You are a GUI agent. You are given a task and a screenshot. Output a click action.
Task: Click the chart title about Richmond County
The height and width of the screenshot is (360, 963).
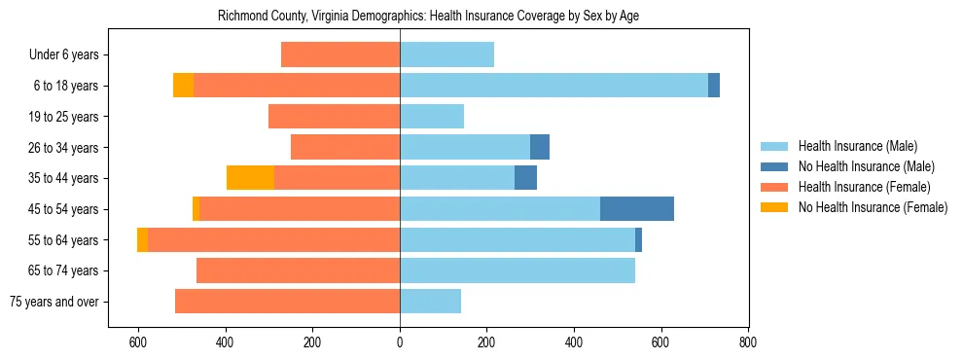[x=428, y=17]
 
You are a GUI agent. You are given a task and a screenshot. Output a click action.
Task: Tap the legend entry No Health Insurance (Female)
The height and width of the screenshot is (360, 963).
[x=872, y=207]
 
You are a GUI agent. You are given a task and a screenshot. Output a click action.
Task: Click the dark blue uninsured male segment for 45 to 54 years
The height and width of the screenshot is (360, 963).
[x=637, y=209]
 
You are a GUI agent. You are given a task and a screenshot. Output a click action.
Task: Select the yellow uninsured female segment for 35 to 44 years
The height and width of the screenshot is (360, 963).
[x=250, y=178]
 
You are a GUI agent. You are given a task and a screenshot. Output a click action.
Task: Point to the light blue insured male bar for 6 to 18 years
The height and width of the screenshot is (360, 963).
[x=553, y=86]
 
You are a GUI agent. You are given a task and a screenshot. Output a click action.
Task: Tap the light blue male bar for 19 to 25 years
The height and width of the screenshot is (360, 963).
[x=432, y=117]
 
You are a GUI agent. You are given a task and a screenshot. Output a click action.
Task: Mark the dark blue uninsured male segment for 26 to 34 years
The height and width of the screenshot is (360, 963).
[x=540, y=147]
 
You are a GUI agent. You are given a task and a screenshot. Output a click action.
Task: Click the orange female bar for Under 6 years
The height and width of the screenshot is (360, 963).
[x=340, y=54]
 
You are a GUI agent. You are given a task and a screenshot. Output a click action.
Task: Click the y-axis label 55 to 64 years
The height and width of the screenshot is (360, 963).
[x=64, y=240]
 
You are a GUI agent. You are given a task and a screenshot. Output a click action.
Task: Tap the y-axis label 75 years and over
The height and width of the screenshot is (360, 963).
[x=53, y=302]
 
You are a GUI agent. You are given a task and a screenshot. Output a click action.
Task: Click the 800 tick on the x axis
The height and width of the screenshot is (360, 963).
[x=748, y=342]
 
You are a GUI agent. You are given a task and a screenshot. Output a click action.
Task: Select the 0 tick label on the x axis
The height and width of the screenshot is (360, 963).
[x=400, y=342]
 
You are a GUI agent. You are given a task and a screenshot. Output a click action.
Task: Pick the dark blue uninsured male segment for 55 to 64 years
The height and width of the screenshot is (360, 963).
[x=638, y=240]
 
